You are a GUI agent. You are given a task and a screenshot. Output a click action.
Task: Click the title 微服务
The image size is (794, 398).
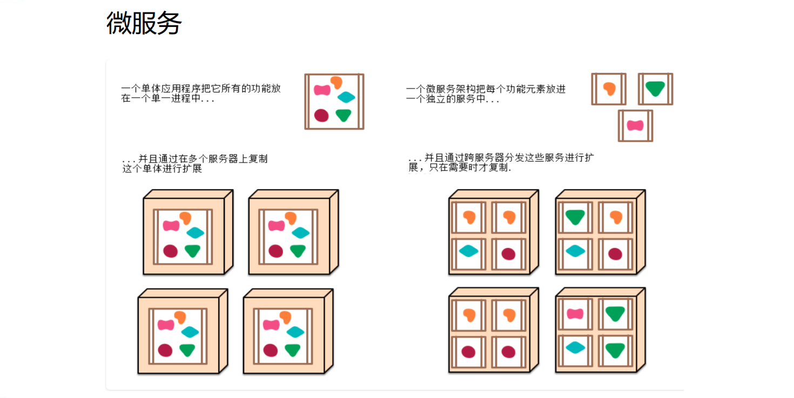click(x=144, y=23)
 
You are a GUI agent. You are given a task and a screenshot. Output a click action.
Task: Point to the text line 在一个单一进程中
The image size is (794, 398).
click(x=168, y=99)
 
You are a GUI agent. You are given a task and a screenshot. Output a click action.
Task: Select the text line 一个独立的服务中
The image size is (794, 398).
click(x=453, y=99)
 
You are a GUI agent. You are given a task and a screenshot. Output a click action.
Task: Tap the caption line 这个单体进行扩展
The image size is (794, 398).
click(x=162, y=168)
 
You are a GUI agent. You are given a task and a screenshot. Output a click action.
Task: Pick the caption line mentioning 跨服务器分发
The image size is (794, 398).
click(x=501, y=158)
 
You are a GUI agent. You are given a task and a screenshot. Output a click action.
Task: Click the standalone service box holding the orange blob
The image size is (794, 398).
click(x=609, y=89)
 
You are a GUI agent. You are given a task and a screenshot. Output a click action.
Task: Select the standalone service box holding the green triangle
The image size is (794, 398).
click(x=655, y=89)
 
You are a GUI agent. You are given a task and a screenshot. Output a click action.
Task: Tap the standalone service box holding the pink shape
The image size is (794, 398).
click(x=635, y=126)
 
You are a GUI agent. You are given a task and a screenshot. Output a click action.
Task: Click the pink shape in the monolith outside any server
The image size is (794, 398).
click(x=322, y=90)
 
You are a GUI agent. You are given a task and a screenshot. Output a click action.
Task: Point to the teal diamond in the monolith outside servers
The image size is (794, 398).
click(x=346, y=97)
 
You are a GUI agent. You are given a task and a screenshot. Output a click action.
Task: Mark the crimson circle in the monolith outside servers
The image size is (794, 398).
click(x=321, y=115)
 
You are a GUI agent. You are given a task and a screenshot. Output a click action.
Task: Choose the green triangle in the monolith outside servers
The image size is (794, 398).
click(x=343, y=115)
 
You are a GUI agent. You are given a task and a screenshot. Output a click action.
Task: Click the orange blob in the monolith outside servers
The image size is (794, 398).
click(x=337, y=82)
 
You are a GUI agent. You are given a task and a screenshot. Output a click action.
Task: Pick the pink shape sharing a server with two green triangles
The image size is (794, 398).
click(x=575, y=314)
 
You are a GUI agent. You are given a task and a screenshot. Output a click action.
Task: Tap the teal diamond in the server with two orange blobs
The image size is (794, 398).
click(x=468, y=251)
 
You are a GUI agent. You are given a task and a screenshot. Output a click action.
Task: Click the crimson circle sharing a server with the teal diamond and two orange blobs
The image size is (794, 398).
click(x=508, y=254)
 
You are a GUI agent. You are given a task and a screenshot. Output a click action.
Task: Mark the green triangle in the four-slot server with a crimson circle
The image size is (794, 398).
click(x=575, y=217)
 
